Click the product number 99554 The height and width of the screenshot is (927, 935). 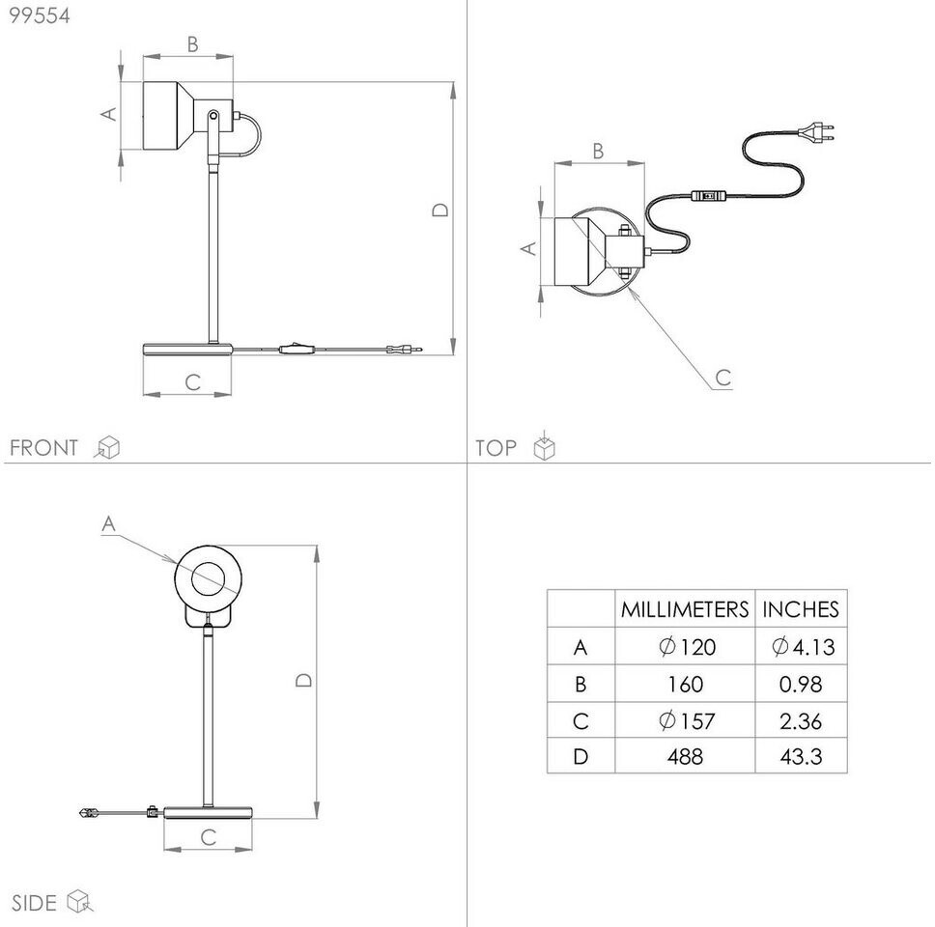pyautogui.click(x=40, y=15)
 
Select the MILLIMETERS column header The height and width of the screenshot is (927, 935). pyautogui.click(x=685, y=609)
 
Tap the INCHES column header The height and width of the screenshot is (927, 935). pyautogui.click(x=800, y=609)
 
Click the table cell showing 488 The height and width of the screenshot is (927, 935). pyautogui.click(x=685, y=756)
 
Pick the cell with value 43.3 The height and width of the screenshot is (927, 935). pyautogui.click(x=801, y=756)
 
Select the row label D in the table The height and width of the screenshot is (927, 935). pyautogui.click(x=581, y=756)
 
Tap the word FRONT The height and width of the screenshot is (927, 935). pyautogui.click(x=43, y=448)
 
